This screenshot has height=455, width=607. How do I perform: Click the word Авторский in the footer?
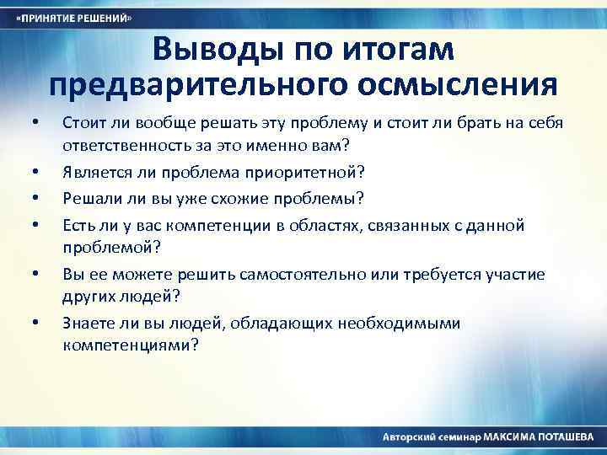(408, 438)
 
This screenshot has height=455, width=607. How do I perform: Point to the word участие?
(517, 274)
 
